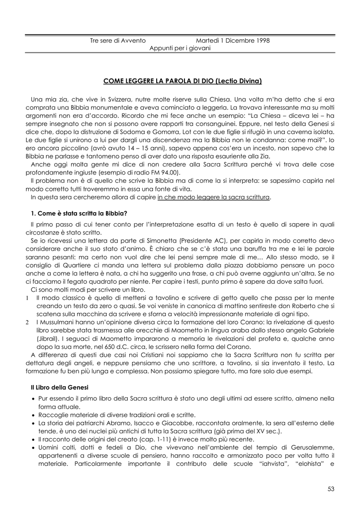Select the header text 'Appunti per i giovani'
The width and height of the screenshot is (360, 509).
pos(180,48)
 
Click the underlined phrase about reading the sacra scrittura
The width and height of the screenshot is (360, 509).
pos(214,197)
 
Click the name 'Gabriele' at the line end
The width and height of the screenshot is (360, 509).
pos(321,331)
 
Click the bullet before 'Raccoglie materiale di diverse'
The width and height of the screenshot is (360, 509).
pos(33,415)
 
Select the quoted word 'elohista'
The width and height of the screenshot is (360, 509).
pos(310,464)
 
